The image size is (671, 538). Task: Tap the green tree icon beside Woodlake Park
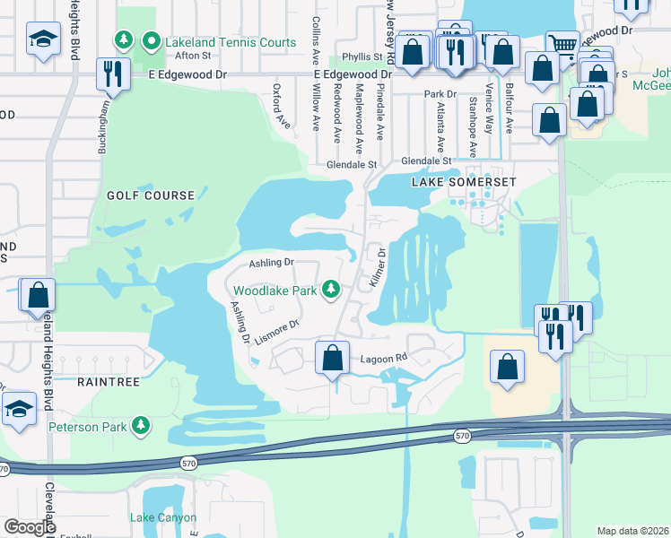(x=332, y=289)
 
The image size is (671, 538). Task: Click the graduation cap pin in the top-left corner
(x=43, y=40)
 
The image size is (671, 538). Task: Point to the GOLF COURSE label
(x=151, y=195)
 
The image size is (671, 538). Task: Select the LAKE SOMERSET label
(x=464, y=182)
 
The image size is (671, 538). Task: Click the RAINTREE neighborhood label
(x=108, y=381)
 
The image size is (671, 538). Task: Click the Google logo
(x=30, y=527)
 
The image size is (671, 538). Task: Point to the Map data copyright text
(x=632, y=531)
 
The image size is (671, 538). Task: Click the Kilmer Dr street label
(x=377, y=268)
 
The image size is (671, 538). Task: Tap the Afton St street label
(x=192, y=56)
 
